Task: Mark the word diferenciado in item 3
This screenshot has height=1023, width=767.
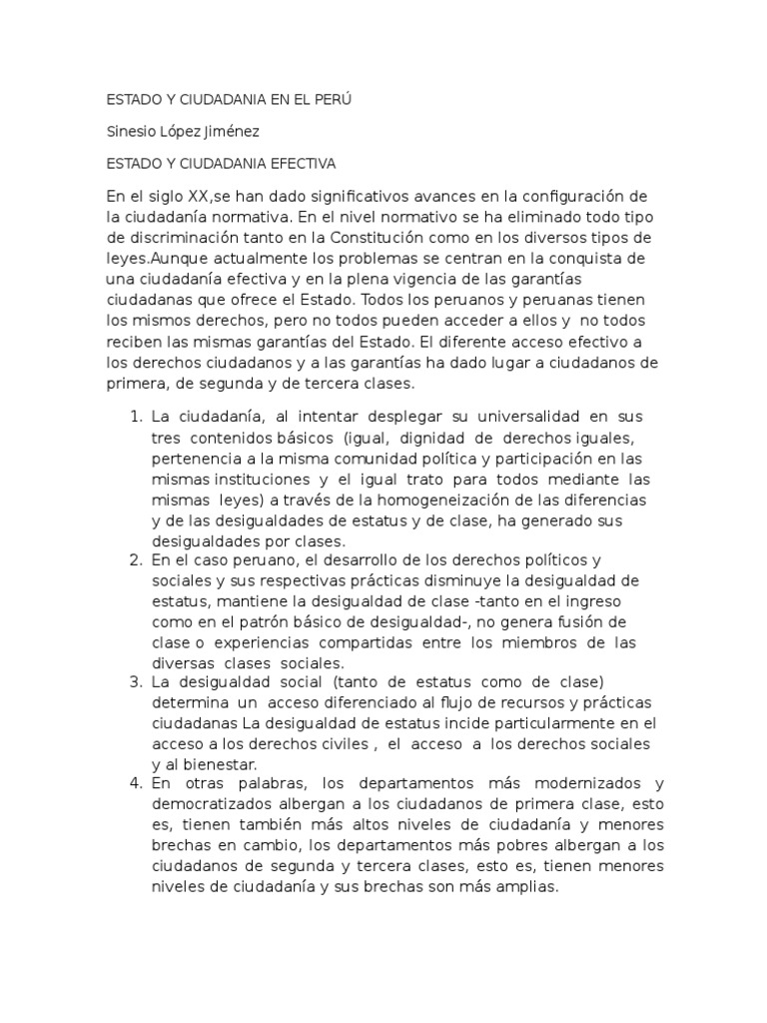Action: coord(338,702)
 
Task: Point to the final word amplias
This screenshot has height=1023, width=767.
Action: coord(532,887)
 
